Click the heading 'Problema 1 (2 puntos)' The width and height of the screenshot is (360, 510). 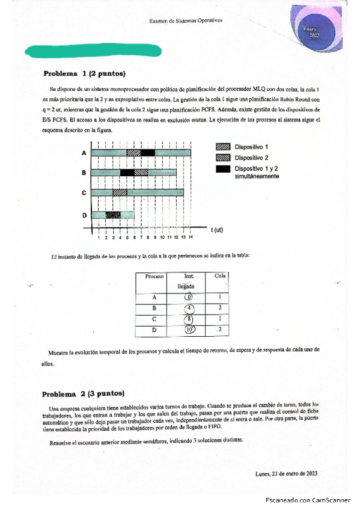point(84,74)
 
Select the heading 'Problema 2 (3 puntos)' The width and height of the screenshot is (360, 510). point(83,395)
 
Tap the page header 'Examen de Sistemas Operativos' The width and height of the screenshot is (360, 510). point(186,20)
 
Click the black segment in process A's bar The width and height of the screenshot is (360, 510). point(148,153)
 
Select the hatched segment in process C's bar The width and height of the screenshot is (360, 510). point(120,192)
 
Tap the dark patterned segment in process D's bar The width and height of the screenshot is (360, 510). point(112,215)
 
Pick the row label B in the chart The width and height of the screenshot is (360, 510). point(84,173)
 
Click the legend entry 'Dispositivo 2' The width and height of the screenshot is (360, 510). point(251,158)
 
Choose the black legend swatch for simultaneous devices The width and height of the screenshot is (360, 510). point(222,169)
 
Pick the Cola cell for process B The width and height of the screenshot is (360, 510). point(221,309)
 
